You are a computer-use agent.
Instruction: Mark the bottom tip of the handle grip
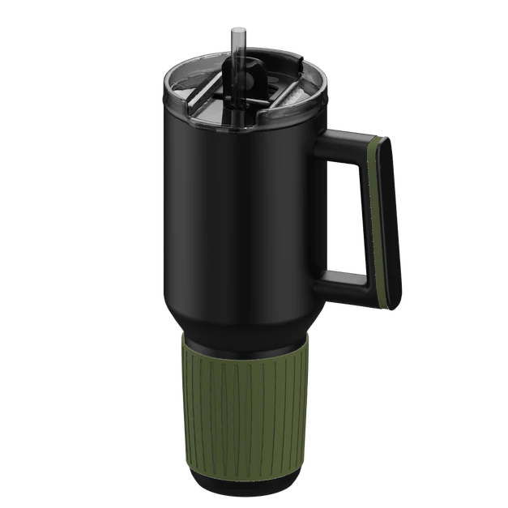click(x=391, y=303)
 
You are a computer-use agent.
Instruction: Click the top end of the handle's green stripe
click(x=374, y=146)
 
